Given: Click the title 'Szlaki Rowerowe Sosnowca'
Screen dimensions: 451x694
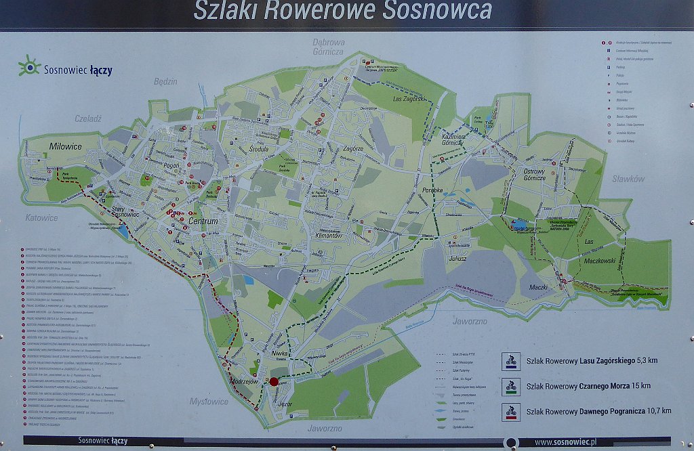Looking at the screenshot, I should [343, 11].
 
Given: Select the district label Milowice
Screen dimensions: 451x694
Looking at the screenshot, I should [65, 146].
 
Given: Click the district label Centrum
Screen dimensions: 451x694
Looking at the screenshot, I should [203, 221].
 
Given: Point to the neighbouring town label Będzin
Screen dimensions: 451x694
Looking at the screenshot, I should [165, 81].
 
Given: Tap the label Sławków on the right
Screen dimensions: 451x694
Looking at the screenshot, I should [628, 179].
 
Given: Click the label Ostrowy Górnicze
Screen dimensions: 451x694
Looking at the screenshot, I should [534, 175].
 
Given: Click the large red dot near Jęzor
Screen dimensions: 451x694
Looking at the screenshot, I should [274, 382].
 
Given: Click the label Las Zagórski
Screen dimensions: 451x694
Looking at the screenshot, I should [409, 100].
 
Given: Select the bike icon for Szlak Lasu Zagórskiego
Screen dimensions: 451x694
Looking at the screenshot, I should [510, 361].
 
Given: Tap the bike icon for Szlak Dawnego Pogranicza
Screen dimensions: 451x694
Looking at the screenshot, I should [510, 411].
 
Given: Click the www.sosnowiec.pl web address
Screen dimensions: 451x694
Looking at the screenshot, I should [565, 442].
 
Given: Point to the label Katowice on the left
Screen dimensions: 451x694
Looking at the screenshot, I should [42, 218].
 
